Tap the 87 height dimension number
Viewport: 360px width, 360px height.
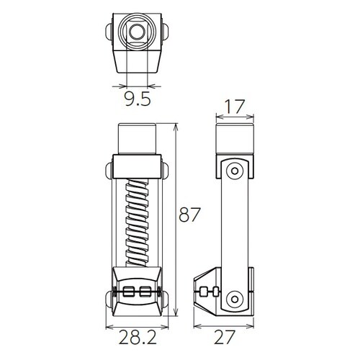tap(189, 215)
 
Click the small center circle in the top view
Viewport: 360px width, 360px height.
tap(137, 31)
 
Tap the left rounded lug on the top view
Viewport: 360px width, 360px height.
tap(109, 32)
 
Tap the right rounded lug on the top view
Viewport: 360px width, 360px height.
tap(165, 32)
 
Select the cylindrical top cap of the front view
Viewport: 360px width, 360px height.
tap(137, 140)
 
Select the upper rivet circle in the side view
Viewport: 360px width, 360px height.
tap(234, 170)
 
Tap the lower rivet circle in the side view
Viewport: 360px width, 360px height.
tap(234, 299)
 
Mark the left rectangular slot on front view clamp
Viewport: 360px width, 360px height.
tap(129, 290)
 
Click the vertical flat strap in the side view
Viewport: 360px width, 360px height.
tap(234, 230)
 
